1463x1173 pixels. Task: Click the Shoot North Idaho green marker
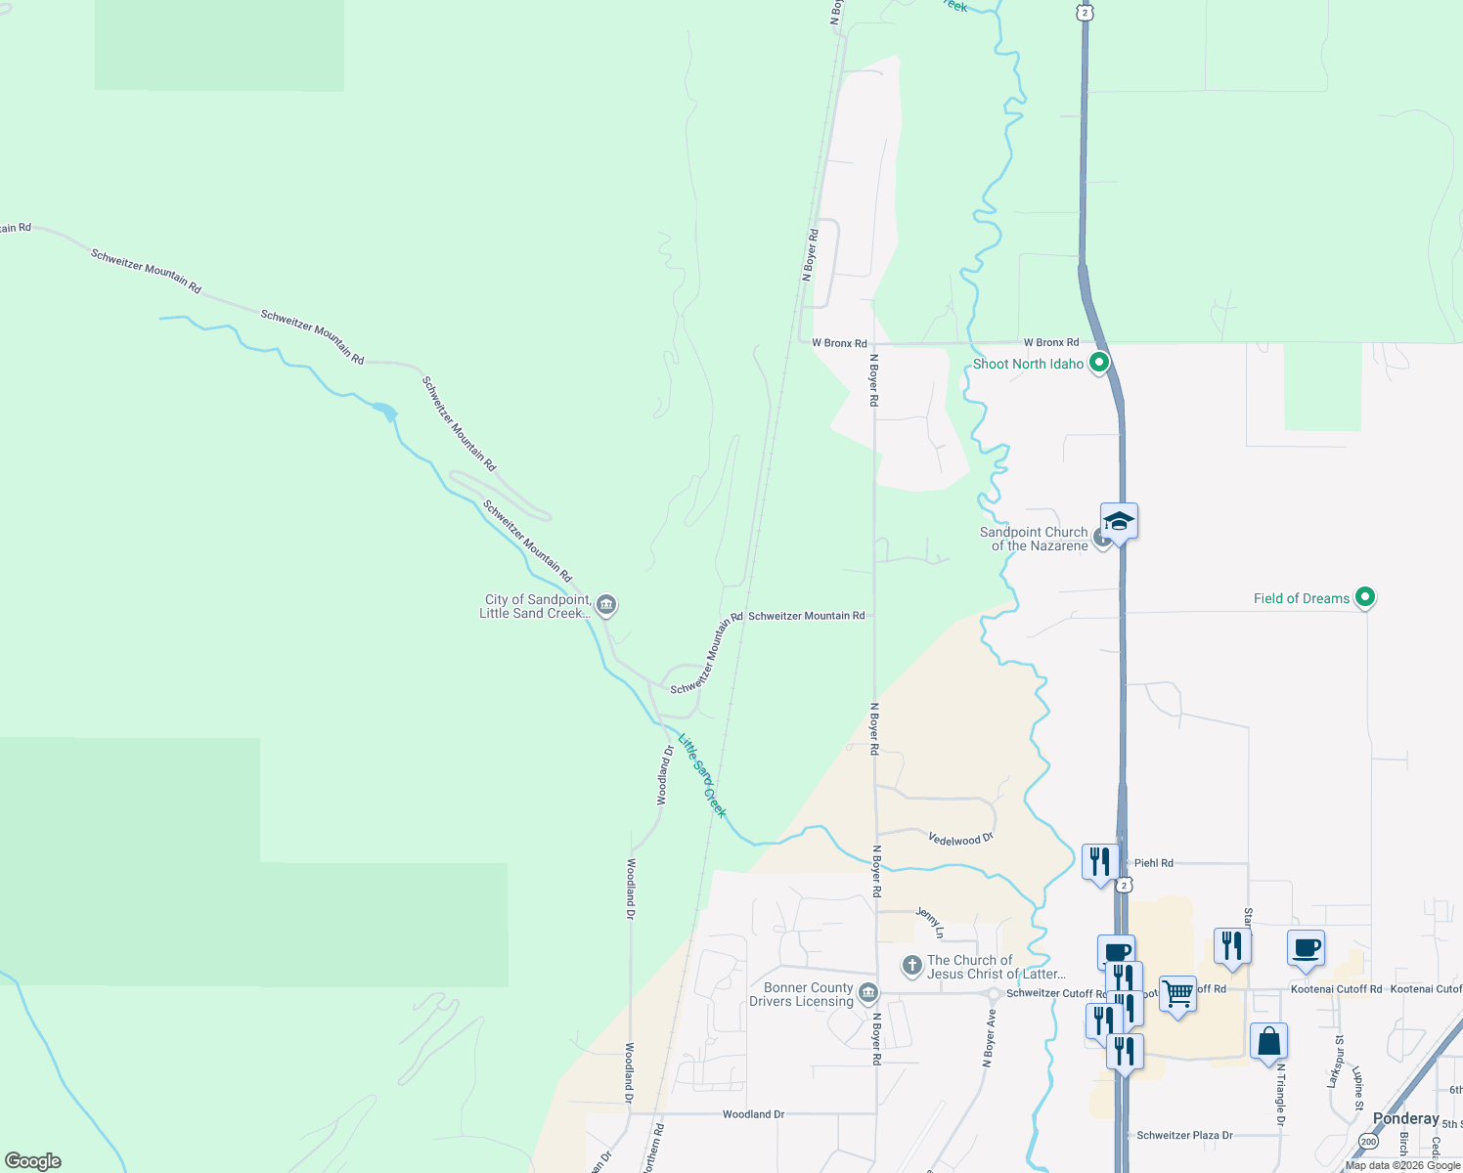1098,364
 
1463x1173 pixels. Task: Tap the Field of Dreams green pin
1366,597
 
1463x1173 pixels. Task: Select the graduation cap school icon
1119,520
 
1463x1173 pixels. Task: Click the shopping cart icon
1178,994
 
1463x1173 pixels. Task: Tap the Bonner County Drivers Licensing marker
867,995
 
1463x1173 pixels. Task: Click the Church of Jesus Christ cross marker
911,967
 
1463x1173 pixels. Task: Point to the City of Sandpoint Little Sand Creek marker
606,605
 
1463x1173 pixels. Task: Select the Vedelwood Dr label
960,839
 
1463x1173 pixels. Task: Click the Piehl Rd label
1153,863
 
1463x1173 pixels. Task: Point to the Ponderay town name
1405,1118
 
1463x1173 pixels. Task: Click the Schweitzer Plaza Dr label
1184,1136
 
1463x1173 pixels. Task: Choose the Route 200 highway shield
1368,1142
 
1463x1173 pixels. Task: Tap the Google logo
33,1161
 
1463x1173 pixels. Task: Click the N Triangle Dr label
1279,1095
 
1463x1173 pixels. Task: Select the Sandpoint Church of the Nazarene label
1034,540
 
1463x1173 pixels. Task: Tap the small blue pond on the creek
386,412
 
